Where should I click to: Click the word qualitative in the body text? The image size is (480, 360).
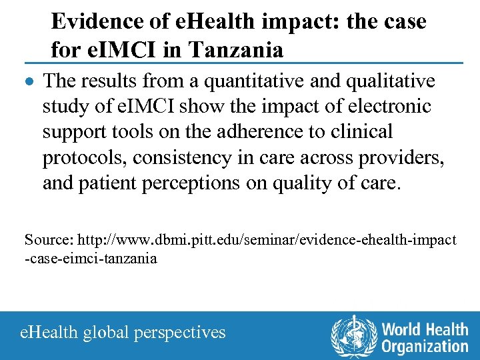point(387,81)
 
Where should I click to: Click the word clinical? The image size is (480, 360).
point(360,132)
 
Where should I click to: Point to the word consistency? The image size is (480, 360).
point(191,157)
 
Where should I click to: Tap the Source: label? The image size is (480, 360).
point(49,239)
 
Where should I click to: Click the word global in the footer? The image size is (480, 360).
point(105,332)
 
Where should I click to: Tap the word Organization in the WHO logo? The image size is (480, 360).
point(425,346)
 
